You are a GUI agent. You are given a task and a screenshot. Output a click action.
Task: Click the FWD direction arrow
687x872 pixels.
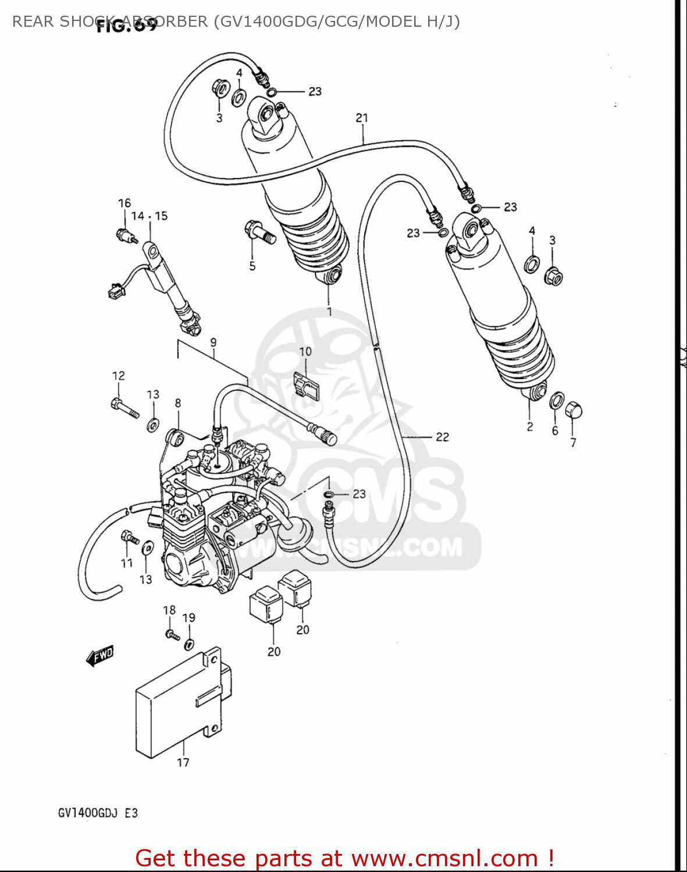[x=99, y=656]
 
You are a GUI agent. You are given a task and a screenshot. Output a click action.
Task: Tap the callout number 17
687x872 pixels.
[x=183, y=763]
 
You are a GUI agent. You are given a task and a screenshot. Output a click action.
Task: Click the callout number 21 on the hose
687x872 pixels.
[x=362, y=118]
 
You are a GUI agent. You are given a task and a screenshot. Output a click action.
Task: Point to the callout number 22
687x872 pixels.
[x=442, y=437]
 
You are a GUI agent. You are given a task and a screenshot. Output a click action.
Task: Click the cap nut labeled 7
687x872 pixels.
[x=574, y=410]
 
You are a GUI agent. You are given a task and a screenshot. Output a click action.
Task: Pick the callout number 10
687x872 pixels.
[x=305, y=352]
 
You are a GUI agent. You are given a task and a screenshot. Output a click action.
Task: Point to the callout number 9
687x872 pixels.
[x=213, y=342]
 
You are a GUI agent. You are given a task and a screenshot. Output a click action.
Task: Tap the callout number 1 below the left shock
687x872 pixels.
[x=329, y=312]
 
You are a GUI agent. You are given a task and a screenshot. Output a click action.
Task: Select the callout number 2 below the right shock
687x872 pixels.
[x=529, y=427]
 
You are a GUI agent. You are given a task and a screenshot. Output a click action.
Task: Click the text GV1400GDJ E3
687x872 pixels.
[x=98, y=813]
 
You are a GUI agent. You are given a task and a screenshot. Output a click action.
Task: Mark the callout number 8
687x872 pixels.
[x=178, y=403]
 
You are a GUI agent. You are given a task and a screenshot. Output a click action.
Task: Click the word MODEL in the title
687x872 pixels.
[x=400, y=22]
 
